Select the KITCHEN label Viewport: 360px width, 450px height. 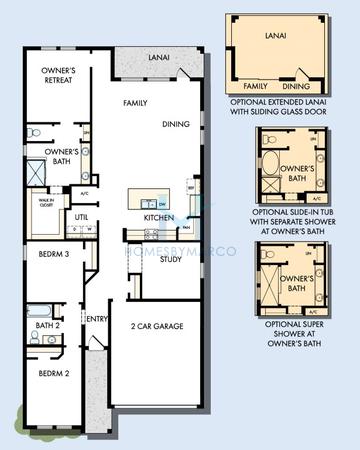[159, 217]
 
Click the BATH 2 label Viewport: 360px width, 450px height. [48, 325]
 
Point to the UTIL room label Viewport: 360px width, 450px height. [82, 215]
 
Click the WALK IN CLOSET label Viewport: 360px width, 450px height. [45, 202]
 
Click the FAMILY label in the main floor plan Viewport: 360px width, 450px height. [136, 103]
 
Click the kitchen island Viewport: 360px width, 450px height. [155, 197]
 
